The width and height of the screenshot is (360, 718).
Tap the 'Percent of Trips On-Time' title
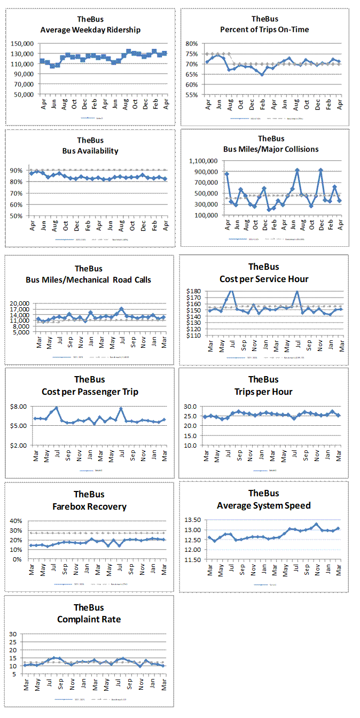tap(264, 29)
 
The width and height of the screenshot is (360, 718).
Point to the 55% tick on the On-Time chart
tap(191, 95)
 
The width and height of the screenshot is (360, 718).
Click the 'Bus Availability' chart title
tap(90, 151)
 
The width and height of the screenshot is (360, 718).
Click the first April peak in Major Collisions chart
tap(227, 174)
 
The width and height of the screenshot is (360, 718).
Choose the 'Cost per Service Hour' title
tap(264, 279)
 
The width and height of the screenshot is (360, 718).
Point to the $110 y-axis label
tap(193, 336)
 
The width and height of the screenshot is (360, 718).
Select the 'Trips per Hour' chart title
tap(263, 392)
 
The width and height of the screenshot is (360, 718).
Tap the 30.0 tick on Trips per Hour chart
tap(191, 407)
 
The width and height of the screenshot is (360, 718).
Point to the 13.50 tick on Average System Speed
tap(193, 520)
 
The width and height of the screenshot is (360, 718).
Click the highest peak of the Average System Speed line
tap(316, 525)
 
